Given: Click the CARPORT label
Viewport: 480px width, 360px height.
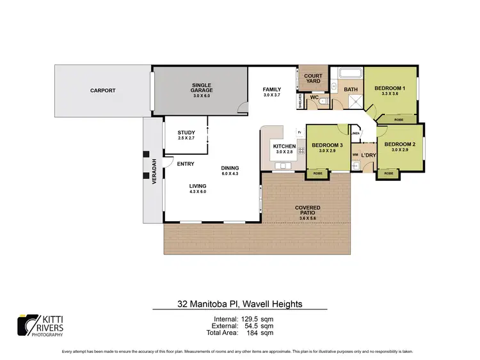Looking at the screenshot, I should click(102, 91).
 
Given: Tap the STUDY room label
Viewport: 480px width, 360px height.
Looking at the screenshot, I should click(186, 134).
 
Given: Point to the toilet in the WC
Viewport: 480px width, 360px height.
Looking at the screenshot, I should click(324, 101).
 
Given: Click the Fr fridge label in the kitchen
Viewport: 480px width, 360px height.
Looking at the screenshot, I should click(298, 133).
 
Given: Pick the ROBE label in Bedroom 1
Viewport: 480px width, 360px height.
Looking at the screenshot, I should click(398, 120).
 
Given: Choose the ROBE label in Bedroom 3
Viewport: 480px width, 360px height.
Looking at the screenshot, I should click(317, 173).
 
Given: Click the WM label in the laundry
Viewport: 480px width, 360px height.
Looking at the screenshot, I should click(355, 154).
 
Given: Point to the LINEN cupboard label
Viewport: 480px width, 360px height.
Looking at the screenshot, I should click(355, 133).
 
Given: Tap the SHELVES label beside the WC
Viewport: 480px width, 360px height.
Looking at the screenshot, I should click(300, 101).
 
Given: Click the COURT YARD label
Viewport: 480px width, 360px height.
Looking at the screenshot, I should click(313, 79).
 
